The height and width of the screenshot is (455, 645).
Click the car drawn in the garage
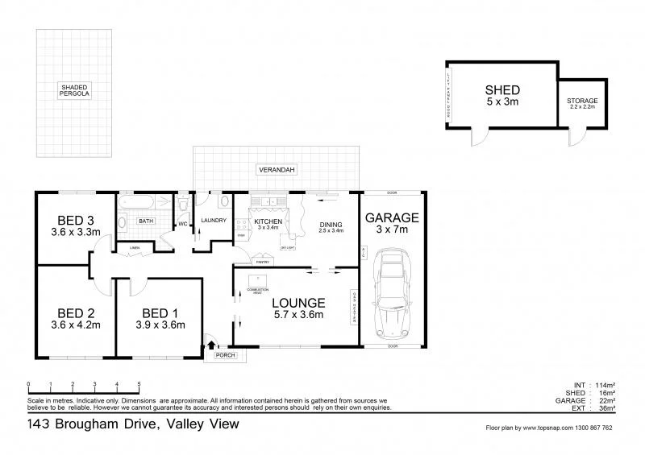(x=391, y=296)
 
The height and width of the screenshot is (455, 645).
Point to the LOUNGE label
(x=298, y=303)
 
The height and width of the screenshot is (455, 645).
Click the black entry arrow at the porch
(x=212, y=345)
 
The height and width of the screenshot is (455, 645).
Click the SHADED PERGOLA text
(x=74, y=90)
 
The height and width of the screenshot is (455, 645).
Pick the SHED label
(x=501, y=90)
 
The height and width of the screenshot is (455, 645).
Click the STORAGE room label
(x=582, y=101)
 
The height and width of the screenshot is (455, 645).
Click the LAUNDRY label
(x=213, y=220)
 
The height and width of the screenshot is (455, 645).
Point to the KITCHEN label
(x=268, y=221)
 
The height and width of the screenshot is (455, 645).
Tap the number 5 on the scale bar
(x=139, y=384)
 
